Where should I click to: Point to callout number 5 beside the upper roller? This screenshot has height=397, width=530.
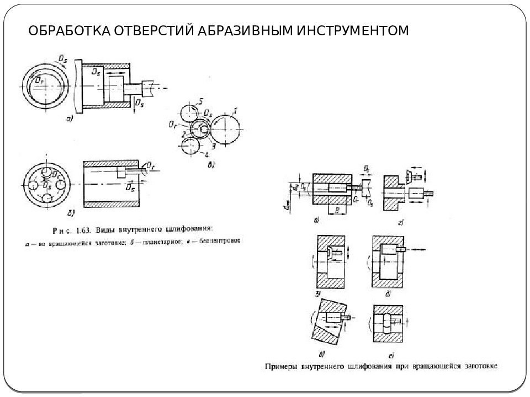(x=201, y=101)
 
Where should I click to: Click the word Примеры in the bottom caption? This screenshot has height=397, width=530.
(x=283, y=366)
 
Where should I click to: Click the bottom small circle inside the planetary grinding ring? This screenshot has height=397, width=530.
(x=46, y=197)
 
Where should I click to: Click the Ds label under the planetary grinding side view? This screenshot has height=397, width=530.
(x=130, y=187)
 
